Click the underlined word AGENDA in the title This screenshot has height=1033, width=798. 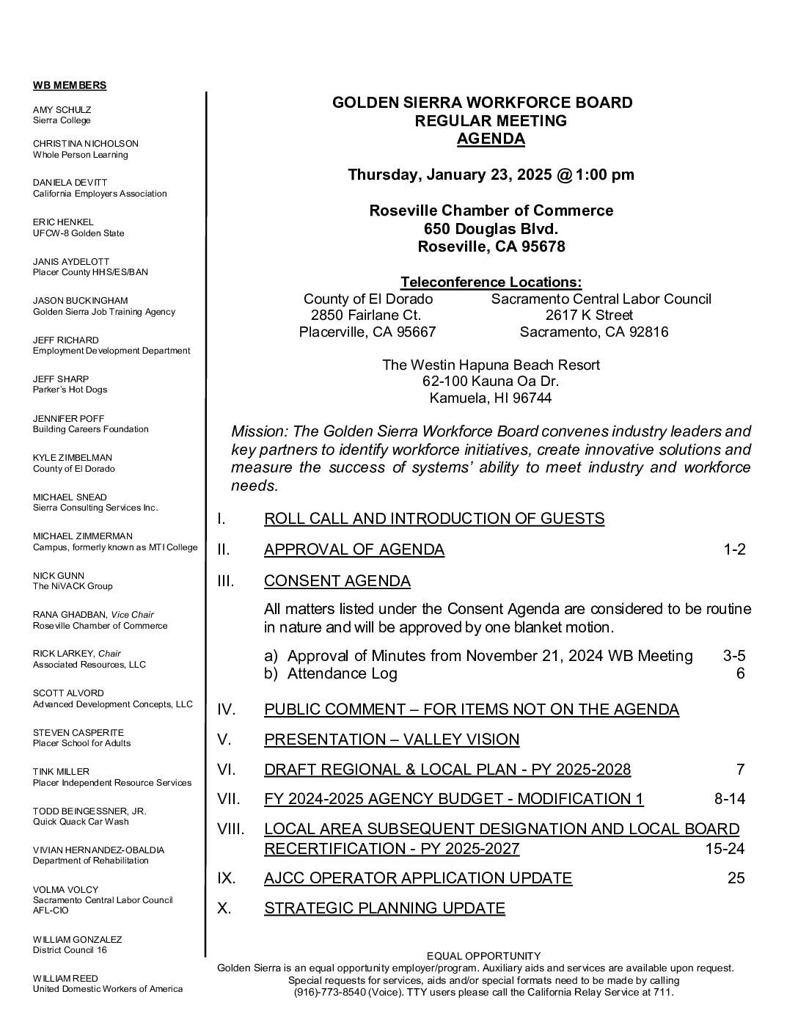click(x=491, y=139)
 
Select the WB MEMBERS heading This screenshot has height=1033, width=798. click(x=70, y=85)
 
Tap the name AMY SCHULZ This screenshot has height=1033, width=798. click(x=62, y=109)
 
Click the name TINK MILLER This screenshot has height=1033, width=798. click(x=61, y=771)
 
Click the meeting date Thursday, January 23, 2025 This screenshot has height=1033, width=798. click(x=450, y=175)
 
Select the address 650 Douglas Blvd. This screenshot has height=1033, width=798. click(x=491, y=229)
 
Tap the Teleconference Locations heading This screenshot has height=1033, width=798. click(x=491, y=282)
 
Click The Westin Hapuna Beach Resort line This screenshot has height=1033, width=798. click(x=491, y=365)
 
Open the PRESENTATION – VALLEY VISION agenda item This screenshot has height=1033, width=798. click(x=392, y=740)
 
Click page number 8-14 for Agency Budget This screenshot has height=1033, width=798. click(x=730, y=799)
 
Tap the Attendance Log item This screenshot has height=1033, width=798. click(x=342, y=674)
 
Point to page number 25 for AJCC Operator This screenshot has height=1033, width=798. click(x=736, y=877)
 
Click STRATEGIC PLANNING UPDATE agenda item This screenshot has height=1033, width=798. click(x=384, y=908)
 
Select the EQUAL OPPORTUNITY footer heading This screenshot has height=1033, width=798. click(x=483, y=956)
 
